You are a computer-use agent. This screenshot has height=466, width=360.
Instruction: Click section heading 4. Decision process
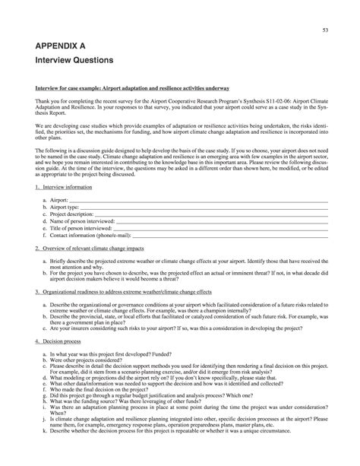58,341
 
